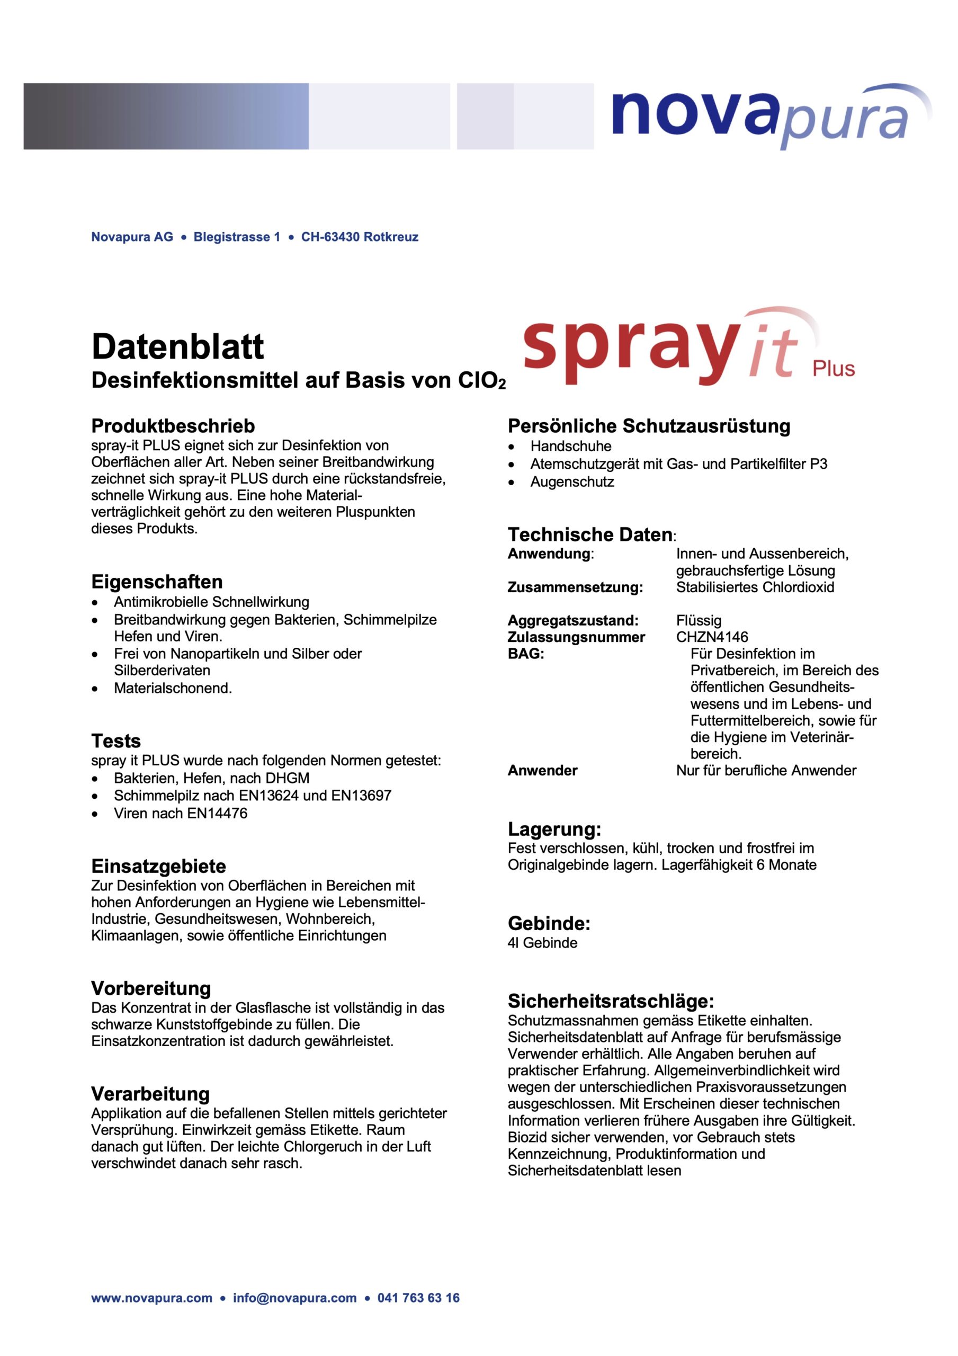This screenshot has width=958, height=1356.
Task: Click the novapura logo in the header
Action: [x=768, y=115]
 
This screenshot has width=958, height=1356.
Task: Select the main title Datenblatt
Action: [x=177, y=346]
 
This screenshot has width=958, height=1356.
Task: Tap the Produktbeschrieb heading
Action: [x=173, y=426]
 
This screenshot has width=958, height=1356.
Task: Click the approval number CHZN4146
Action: [x=712, y=637]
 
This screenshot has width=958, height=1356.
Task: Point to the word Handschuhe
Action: [x=570, y=446]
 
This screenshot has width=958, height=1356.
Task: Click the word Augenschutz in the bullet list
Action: [x=572, y=482]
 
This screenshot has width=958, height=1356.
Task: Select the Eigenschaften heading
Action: [x=157, y=582]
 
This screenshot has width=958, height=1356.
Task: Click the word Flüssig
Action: [x=699, y=621]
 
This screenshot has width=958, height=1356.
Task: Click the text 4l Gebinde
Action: [x=542, y=943]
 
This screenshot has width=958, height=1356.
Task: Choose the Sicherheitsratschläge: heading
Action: [x=611, y=1001]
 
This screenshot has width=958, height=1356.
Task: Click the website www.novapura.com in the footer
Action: [x=151, y=1315]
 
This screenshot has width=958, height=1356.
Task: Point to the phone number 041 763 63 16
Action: [x=418, y=1315]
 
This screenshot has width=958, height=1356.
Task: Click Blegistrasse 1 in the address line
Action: [x=237, y=237]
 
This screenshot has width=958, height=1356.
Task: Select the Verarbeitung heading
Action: [x=150, y=1094]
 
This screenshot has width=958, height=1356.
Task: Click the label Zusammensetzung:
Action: [x=575, y=587]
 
